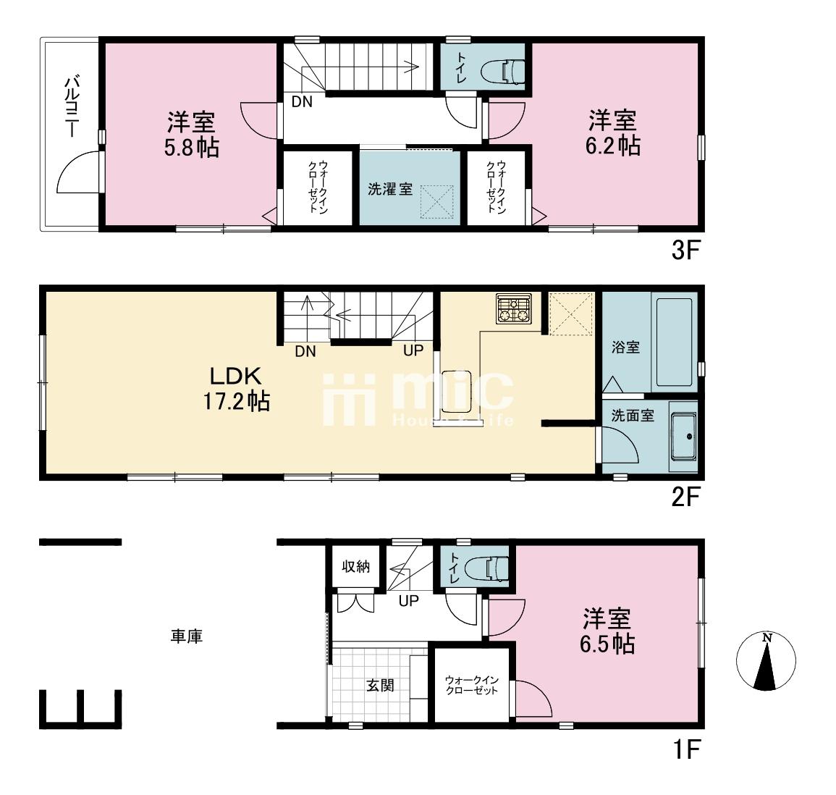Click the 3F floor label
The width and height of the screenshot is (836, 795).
685,250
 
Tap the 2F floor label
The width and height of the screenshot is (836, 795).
685,497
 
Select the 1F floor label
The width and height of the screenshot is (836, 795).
686,749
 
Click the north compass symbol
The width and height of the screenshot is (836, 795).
767,661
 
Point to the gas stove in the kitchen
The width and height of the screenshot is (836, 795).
513,308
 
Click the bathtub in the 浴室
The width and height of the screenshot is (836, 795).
675,342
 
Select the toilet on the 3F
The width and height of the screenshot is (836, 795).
503,70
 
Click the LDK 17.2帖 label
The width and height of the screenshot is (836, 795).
236,389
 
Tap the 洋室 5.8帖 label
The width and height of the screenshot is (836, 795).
191,135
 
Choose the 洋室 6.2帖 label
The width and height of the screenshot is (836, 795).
612,132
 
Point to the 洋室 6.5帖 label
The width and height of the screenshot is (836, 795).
607,631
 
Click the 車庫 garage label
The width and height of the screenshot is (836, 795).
187,636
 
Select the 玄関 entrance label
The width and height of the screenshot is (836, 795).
380,686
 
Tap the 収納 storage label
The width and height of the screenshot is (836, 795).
355,566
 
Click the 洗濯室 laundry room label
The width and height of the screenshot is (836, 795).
389,189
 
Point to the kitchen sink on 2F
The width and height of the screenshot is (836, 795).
457,392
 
